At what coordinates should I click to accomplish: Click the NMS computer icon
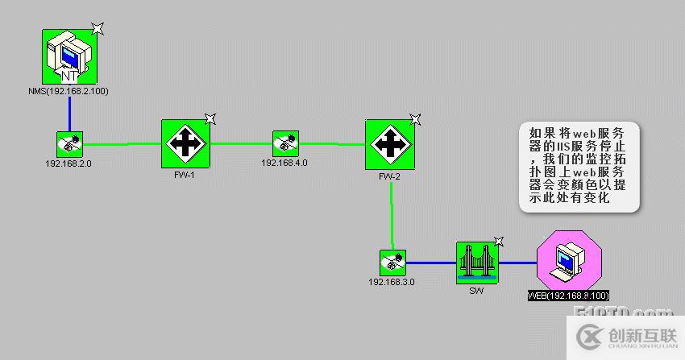(x=70, y=56)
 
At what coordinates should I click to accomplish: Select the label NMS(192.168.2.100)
(x=68, y=91)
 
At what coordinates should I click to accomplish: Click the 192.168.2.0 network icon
(x=69, y=144)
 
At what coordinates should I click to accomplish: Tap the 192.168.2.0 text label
(x=69, y=163)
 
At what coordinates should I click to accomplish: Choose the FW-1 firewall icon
(x=185, y=144)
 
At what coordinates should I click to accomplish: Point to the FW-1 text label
(x=185, y=174)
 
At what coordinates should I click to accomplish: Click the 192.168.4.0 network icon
(x=284, y=143)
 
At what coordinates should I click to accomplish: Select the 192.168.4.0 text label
(x=284, y=163)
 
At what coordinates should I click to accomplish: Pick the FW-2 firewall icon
(x=389, y=144)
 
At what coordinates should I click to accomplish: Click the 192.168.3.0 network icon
(x=392, y=262)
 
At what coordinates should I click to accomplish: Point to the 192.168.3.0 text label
(x=392, y=282)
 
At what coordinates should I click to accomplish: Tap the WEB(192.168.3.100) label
(x=568, y=295)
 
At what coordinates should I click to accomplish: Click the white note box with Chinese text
(x=579, y=168)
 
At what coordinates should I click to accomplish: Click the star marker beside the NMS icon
(x=98, y=29)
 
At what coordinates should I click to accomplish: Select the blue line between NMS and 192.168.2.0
(x=69, y=106)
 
